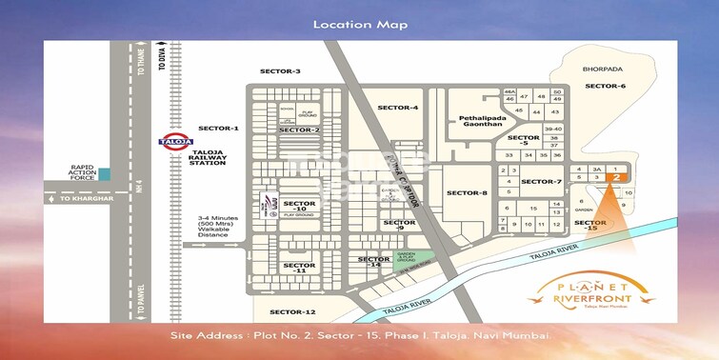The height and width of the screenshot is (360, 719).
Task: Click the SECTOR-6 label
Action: tap(605, 87)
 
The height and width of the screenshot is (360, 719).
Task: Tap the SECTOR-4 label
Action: tap(397, 108)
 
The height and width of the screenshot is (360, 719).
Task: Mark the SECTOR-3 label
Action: tap(280, 71)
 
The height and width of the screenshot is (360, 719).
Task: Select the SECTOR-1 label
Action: tap(218, 128)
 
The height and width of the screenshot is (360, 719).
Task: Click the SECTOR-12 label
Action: tap(291, 312)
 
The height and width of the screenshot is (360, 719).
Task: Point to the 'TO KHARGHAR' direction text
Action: tap(79, 199)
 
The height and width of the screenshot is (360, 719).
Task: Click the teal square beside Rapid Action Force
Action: tap(104, 175)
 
